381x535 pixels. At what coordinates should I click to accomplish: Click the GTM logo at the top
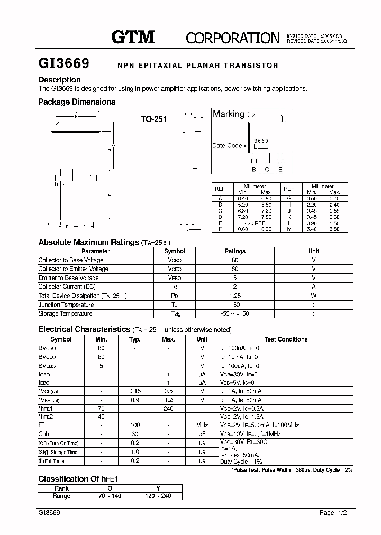(132, 36)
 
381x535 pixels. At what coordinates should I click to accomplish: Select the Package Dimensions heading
(77, 102)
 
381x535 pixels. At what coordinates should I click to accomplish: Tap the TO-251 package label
(153, 119)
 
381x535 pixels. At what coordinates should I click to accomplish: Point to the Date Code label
(227, 145)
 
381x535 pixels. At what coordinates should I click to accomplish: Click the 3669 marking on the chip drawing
(261, 141)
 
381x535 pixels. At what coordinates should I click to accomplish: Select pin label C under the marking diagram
(267, 169)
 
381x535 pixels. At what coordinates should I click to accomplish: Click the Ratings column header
(235, 251)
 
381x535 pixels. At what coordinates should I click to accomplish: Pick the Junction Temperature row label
(66, 305)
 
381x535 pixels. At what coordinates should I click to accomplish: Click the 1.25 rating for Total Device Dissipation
(235, 296)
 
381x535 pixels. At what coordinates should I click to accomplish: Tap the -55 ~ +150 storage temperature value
(235, 313)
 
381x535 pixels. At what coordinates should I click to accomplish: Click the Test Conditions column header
(286, 339)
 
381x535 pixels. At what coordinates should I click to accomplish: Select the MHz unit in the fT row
(202, 425)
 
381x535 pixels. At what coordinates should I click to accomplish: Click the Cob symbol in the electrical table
(44, 434)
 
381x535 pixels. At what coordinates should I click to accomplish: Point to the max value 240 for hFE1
(168, 409)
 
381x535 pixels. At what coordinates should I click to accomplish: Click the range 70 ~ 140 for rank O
(110, 496)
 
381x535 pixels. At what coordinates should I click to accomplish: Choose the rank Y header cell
(158, 488)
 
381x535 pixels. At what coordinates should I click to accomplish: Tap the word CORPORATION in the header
(232, 38)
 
